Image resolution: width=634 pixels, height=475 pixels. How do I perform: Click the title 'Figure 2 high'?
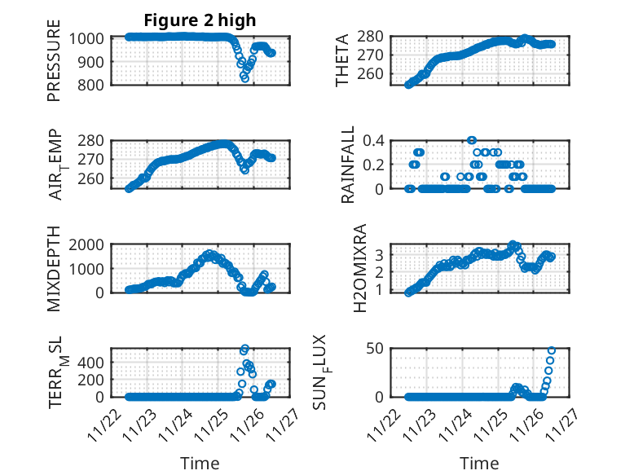(x=200, y=20)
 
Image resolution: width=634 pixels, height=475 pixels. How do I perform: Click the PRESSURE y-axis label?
(x=54, y=65)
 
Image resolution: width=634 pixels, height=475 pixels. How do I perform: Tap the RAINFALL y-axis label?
(x=348, y=164)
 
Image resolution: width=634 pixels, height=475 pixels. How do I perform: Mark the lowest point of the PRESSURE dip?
(x=244, y=78)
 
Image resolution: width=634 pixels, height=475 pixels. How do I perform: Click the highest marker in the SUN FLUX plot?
(x=552, y=350)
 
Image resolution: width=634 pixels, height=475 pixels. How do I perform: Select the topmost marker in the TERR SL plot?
(x=244, y=349)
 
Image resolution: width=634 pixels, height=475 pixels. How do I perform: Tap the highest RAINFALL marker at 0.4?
(x=472, y=140)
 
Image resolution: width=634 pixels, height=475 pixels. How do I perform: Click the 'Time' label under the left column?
(x=200, y=464)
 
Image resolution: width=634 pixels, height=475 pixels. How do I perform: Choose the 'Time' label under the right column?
(x=479, y=464)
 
